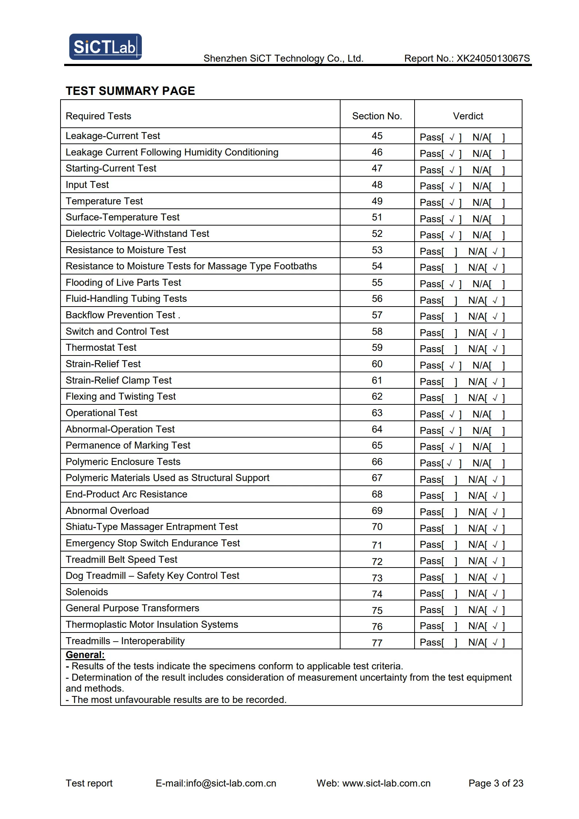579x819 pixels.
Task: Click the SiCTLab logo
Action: tap(105, 47)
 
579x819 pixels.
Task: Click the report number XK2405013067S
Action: tap(493, 59)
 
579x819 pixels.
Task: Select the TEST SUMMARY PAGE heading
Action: tap(130, 91)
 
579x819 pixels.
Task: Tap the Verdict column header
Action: tap(468, 116)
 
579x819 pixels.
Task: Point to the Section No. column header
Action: tap(377, 116)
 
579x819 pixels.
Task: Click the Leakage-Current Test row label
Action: tap(113, 136)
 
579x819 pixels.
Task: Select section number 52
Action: tap(377, 234)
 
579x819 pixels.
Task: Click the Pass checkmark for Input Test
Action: tap(452, 187)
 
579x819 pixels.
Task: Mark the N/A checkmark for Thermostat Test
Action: tap(495, 349)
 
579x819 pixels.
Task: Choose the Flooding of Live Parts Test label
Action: tap(123, 282)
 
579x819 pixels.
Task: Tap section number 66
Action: tap(377, 462)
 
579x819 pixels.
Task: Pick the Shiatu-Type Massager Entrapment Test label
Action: tap(152, 527)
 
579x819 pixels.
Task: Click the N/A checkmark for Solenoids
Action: tap(495, 594)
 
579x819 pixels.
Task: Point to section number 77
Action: tap(377, 643)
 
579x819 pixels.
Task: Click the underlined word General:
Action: tap(85, 655)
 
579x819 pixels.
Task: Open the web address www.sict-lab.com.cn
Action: tap(386, 783)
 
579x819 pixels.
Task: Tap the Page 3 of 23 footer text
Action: tap(496, 783)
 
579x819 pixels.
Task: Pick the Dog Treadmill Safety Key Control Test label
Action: tap(152, 576)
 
